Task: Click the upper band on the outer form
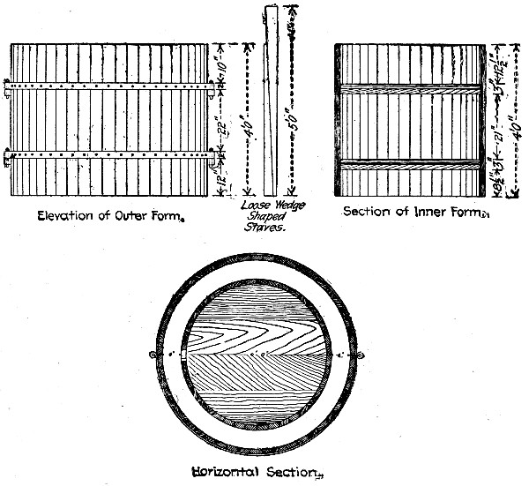pos(110,87)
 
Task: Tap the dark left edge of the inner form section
pos(339,119)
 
